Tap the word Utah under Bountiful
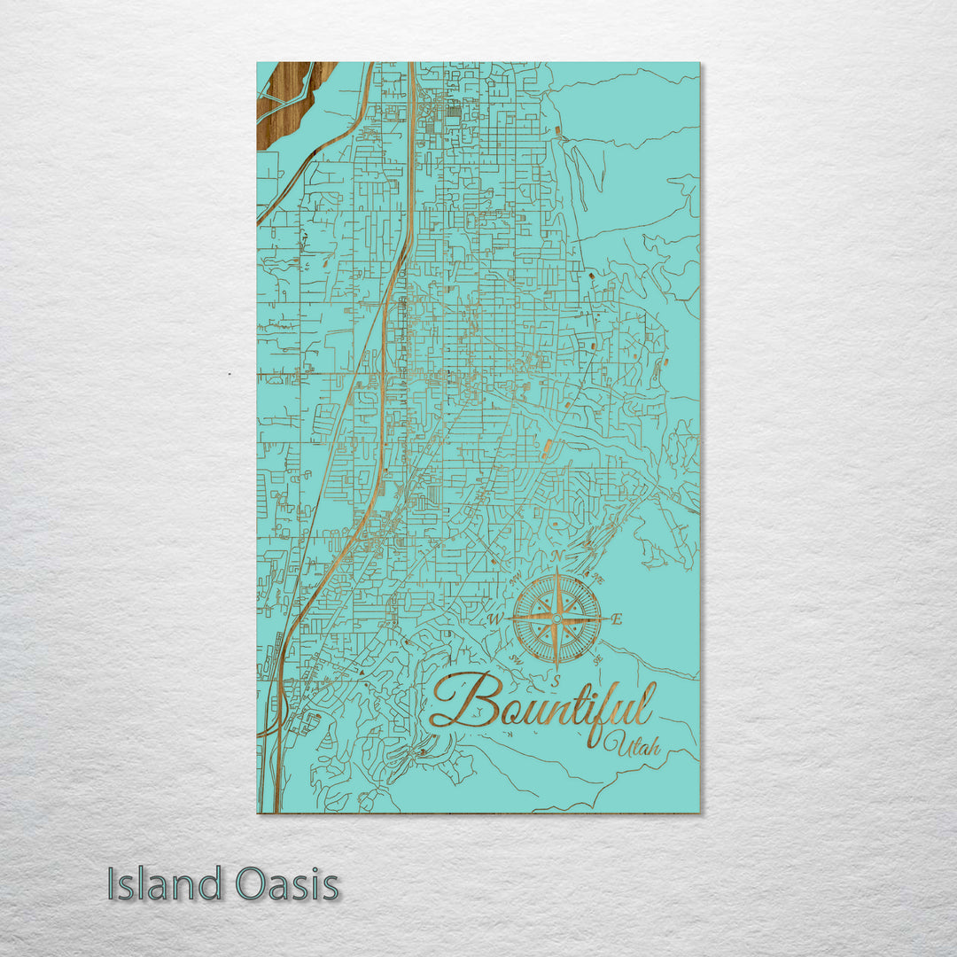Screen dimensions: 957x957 (632, 746)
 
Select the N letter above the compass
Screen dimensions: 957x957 (557, 556)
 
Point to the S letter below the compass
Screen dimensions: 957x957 (556, 681)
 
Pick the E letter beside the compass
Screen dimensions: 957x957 (617, 620)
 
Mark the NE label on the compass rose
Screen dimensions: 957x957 (598, 579)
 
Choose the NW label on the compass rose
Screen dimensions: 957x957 (517, 580)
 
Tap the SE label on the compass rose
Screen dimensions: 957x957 (598, 659)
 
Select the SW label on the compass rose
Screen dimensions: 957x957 (516, 659)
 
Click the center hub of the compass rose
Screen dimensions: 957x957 (556, 618)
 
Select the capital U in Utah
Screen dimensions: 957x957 (611, 746)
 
